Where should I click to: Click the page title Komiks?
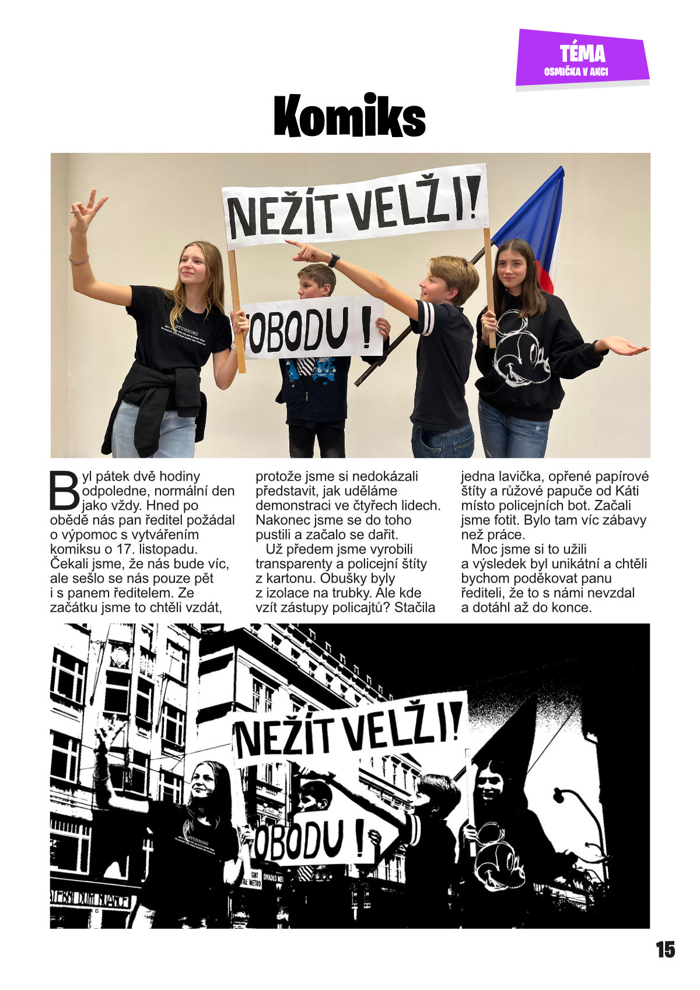[x=349, y=117]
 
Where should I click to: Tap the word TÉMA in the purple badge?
[x=582, y=54]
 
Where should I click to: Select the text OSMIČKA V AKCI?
[x=576, y=72]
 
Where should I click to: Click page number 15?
[x=665, y=950]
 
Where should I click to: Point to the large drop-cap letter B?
[x=64, y=490]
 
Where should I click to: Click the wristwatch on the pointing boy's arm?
[x=334, y=260]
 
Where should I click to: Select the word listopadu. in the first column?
[x=169, y=549]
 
